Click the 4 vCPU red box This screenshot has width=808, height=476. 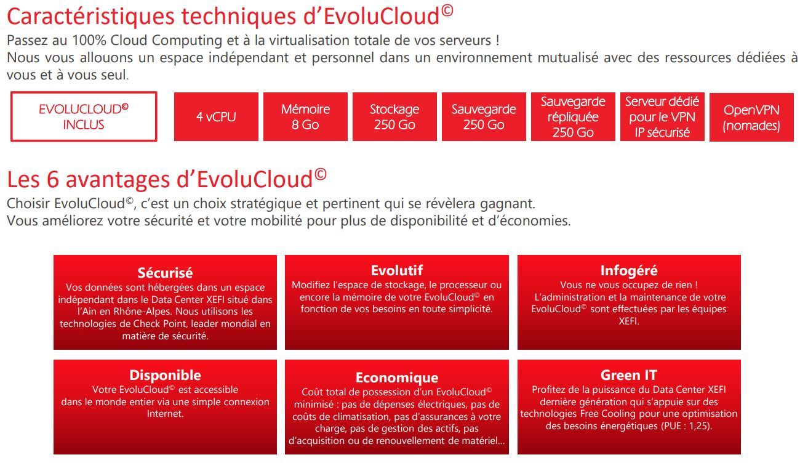coord(216,116)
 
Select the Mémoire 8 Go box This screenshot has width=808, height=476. coord(305,116)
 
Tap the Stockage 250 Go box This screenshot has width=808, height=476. coord(394,116)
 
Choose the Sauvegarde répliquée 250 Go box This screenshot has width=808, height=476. coord(573,116)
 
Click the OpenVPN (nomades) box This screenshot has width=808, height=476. coord(751,117)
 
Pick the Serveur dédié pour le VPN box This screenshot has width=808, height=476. coord(662,116)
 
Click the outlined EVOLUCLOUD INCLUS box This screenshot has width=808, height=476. coord(84,116)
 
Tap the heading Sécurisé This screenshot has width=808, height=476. coord(165,273)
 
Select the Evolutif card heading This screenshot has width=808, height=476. coord(397,270)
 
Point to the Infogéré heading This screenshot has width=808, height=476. coord(629,271)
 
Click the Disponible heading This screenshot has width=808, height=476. coord(165,375)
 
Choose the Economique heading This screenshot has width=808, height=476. coord(397,378)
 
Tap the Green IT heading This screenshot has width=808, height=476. coord(629,375)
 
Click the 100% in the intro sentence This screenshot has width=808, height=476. coord(89,40)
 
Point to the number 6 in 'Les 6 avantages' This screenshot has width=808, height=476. coord(53,179)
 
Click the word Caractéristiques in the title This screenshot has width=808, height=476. coord(90,17)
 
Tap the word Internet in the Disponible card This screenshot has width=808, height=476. coord(164,414)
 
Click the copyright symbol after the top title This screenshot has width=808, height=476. coord(447,10)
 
